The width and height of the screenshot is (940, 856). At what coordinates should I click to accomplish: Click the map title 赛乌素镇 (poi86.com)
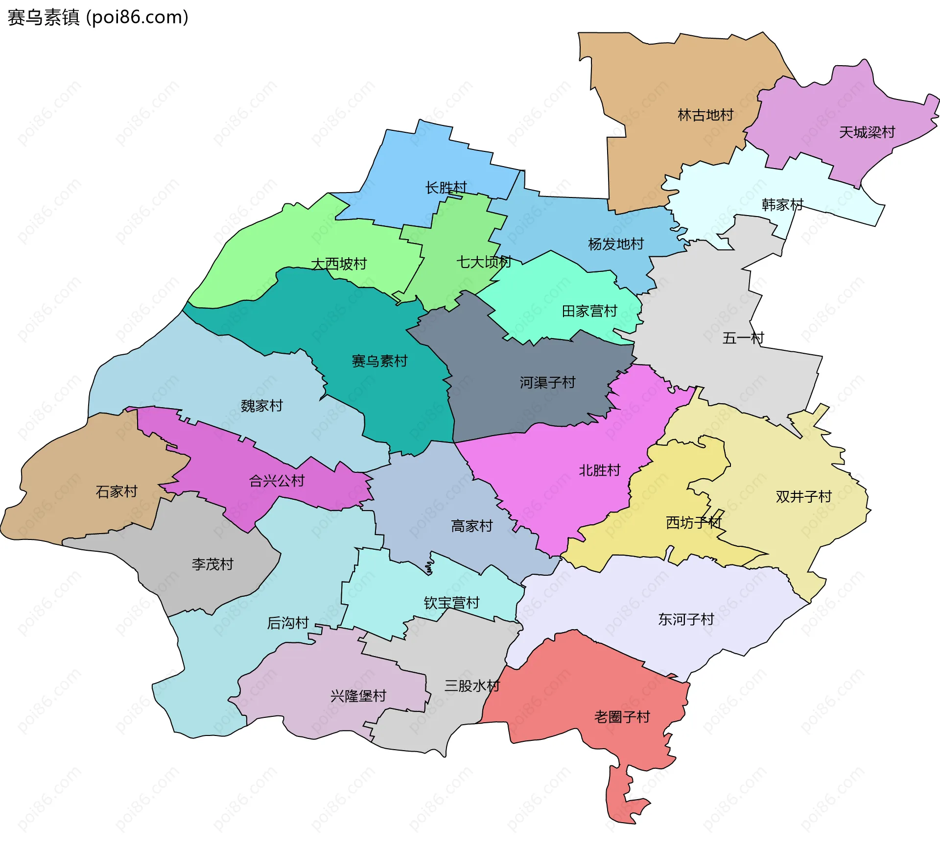[x=98, y=18]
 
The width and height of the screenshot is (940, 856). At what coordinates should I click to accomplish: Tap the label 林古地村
[x=705, y=115]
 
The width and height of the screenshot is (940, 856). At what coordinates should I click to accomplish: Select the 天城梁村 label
[x=867, y=132]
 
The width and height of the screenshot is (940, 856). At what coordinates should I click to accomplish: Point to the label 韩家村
[x=782, y=205]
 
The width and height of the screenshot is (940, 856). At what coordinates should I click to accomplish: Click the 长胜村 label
[x=446, y=188]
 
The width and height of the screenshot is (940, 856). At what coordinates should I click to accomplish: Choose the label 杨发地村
[x=615, y=244]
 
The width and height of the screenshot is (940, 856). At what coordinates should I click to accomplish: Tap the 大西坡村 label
[x=339, y=264]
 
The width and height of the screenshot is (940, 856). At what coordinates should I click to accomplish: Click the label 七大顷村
[x=484, y=262]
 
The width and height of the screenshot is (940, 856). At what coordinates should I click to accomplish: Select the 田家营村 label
[x=589, y=311]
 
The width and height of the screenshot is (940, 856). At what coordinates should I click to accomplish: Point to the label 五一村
[x=743, y=338]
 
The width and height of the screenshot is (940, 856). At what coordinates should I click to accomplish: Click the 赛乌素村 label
[x=379, y=362]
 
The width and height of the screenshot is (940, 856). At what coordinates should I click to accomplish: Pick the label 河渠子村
[x=547, y=383]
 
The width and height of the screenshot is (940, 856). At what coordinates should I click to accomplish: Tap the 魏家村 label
[x=261, y=406]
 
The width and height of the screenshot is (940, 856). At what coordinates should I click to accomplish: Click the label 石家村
[x=117, y=491]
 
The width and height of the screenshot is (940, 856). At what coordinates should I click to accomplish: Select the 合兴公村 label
[x=277, y=481]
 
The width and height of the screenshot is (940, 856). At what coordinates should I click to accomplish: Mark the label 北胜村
[x=599, y=470]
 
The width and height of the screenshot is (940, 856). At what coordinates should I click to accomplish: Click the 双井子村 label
[x=803, y=497]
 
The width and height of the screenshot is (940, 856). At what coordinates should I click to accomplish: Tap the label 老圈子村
[x=622, y=717]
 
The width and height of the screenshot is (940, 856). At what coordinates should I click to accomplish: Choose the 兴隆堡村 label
[x=358, y=696]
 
